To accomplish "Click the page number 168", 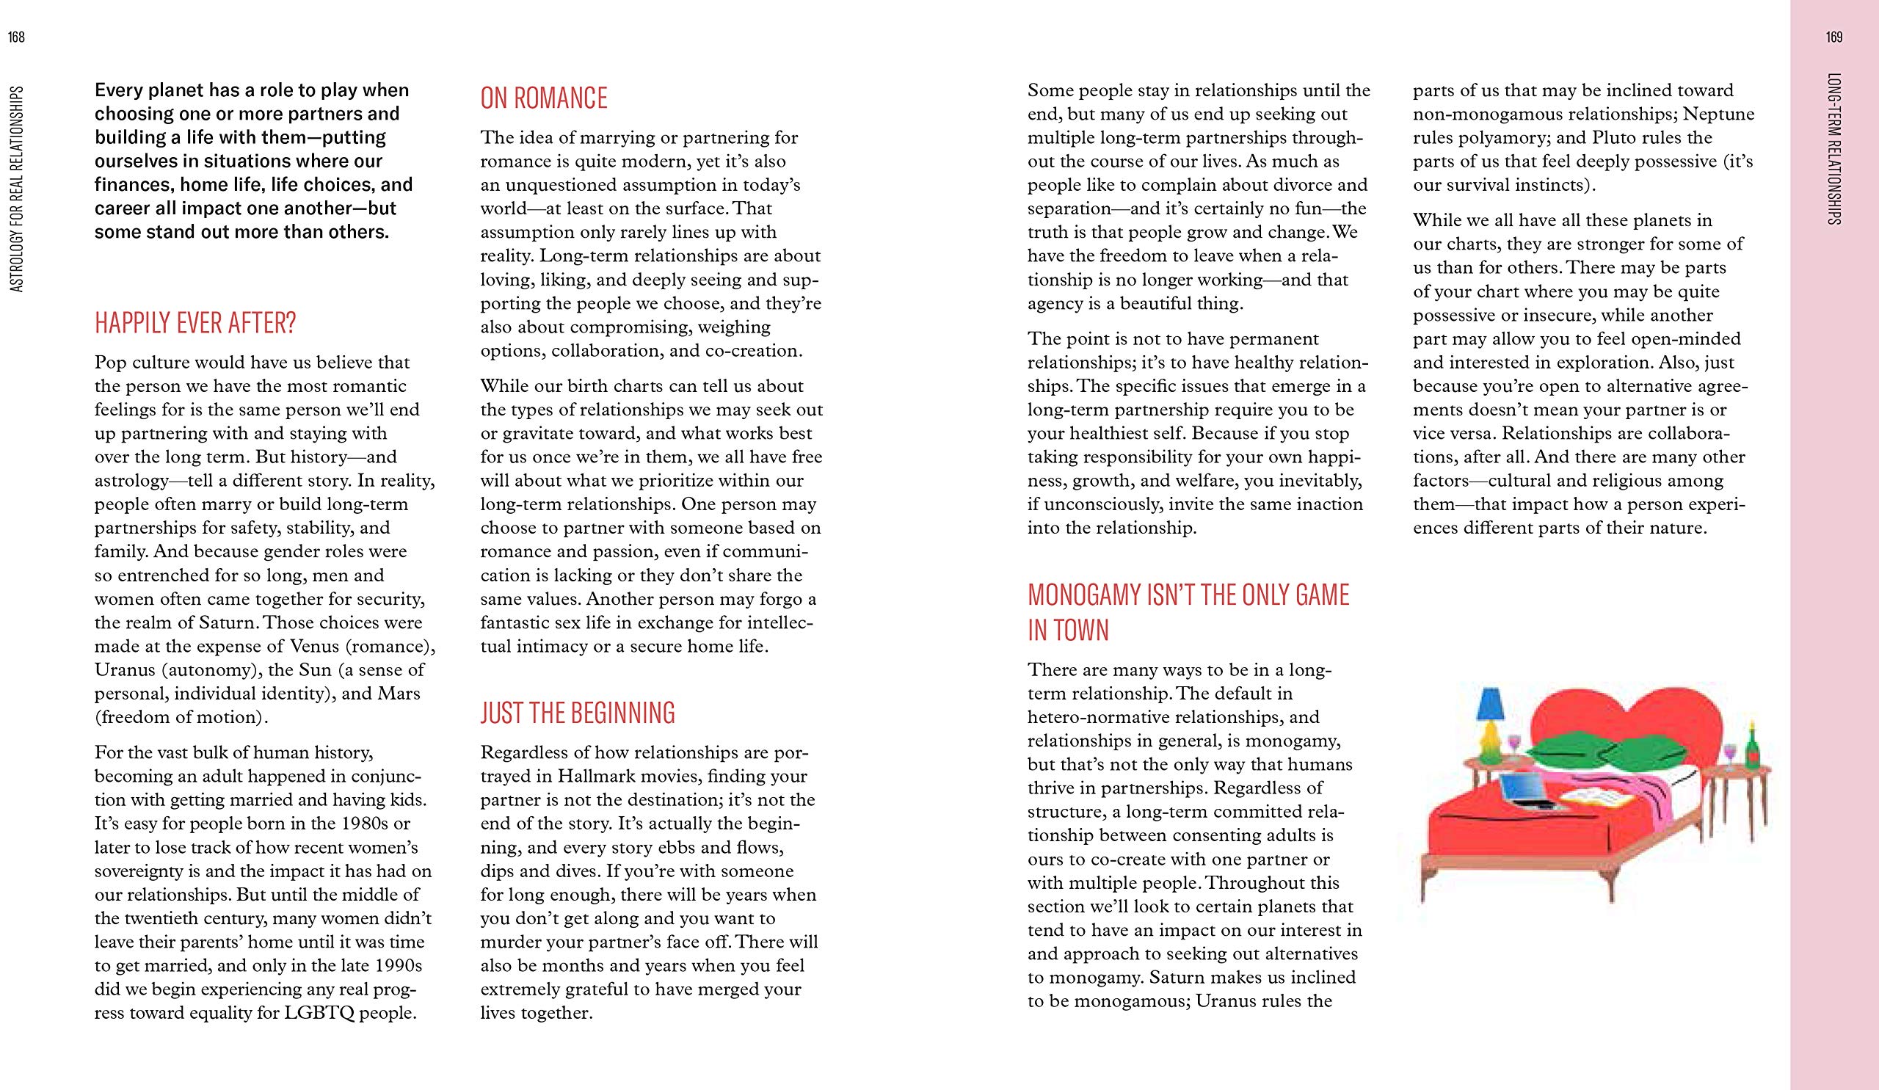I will click(16, 38).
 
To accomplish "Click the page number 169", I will click(1834, 38).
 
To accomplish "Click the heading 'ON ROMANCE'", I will click(544, 98).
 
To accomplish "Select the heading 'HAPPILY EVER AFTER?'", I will click(195, 324).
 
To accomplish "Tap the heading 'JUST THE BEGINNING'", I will click(578, 713).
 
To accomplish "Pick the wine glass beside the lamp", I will click(1513, 745).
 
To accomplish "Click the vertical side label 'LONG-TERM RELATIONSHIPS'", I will click(1835, 149).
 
